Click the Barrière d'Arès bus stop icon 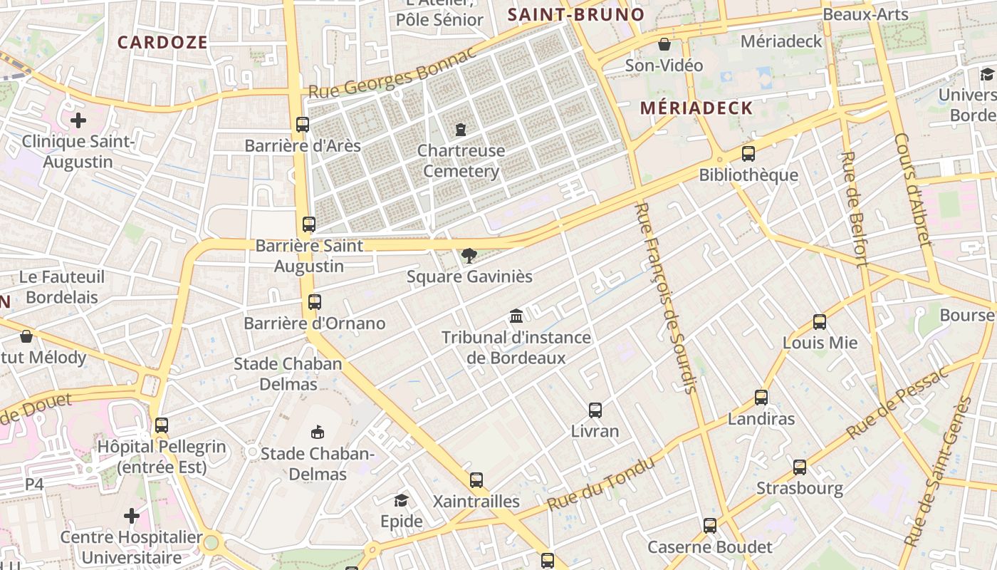pyautogui.click(x=303, y=125)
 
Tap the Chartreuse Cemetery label pyautogui.click(x=461, y=161)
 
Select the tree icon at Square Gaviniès pyautogui.click(x=469, y=255)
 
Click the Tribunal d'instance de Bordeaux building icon pyautogui.click(x=516, y=316)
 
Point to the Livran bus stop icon pyautogui.click(x=595, y=410)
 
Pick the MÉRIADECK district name pyautogui.click(x=696, y=108)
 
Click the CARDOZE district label pyautogui.click(x=162, y=42)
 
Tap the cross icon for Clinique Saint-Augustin pyautogui.click(x=78, y=120)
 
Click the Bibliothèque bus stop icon pyautogui.click(x=748, y=154)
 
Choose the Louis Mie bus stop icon pyautogui.click(x=820, y=322)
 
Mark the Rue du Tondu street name pyautogui.click(x=601, y=484)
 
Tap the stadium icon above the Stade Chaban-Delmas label pyautogui.click(x=318, y=432)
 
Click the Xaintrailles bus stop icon pyautogui.click(x=476, y=480)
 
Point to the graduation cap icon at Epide pyautogui.click(x=401, y=501)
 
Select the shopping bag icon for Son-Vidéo pyautogui.click(x=664, y=44)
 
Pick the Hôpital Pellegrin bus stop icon pyautogui.click(x=162, y=425)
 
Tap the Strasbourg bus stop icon pyautogui.click(x=800, y=467)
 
